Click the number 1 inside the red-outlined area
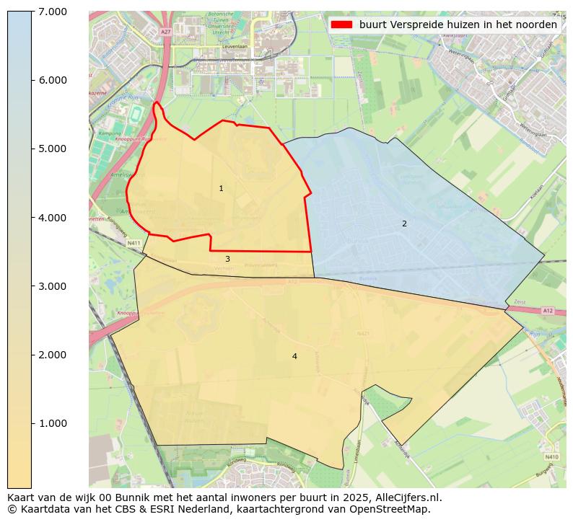pos(221,189)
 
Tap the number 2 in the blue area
pos(404,224)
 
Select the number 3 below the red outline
pos(227,259)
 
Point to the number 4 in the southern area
pos(294,356)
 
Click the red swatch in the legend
pos(341,25)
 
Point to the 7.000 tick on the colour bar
pos(53,12)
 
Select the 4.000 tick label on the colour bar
pos(53,218)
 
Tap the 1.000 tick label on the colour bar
pos(53,423)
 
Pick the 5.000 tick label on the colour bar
pos(53,149)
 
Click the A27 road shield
pos(166,32)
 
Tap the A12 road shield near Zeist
pos(548,311)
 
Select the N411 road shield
pos(134,244)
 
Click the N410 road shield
pos(551,456)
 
